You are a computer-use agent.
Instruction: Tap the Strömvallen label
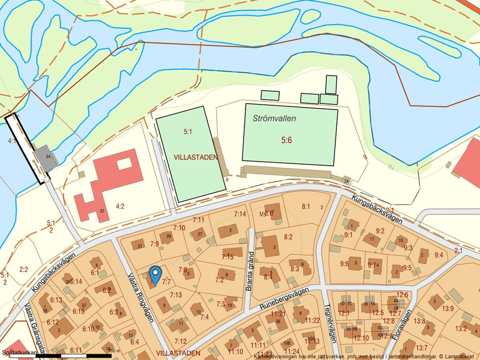tap(275, 118)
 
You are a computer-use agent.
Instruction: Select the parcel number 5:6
tap(286, 141)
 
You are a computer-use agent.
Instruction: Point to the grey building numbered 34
tap(44, 158)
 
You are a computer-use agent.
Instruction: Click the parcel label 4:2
tap(120, 205)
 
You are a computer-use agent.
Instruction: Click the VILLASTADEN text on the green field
tap(195, 157)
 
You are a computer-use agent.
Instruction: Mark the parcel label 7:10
tap(179, 227)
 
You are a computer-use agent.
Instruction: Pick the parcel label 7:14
tap(240, 214)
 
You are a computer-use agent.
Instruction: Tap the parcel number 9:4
tap(439, 255)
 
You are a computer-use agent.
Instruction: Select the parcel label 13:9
tap(447, 308)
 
